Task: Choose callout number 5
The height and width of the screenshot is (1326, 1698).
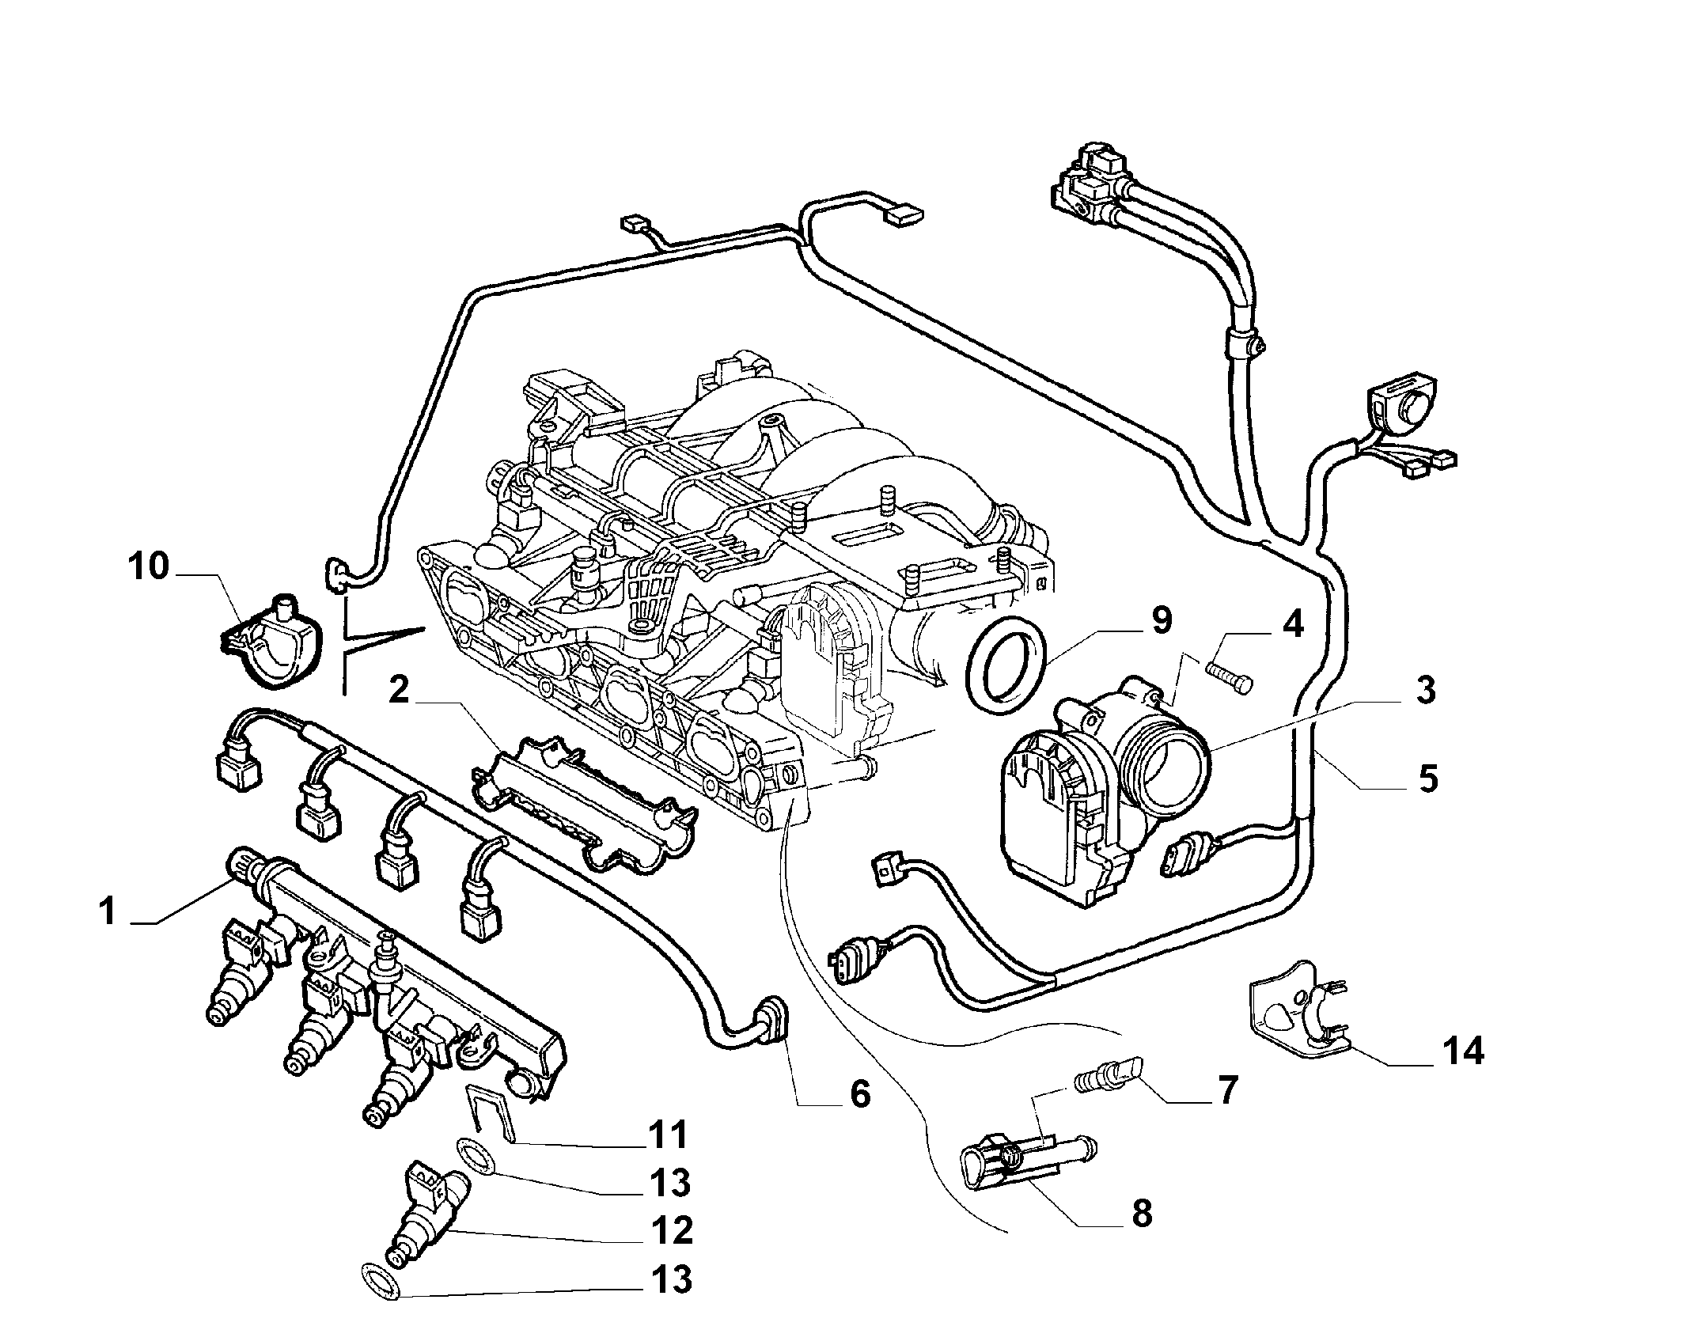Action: (x=1427, y=779)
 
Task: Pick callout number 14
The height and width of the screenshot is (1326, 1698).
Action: (x=1462, y=1051)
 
